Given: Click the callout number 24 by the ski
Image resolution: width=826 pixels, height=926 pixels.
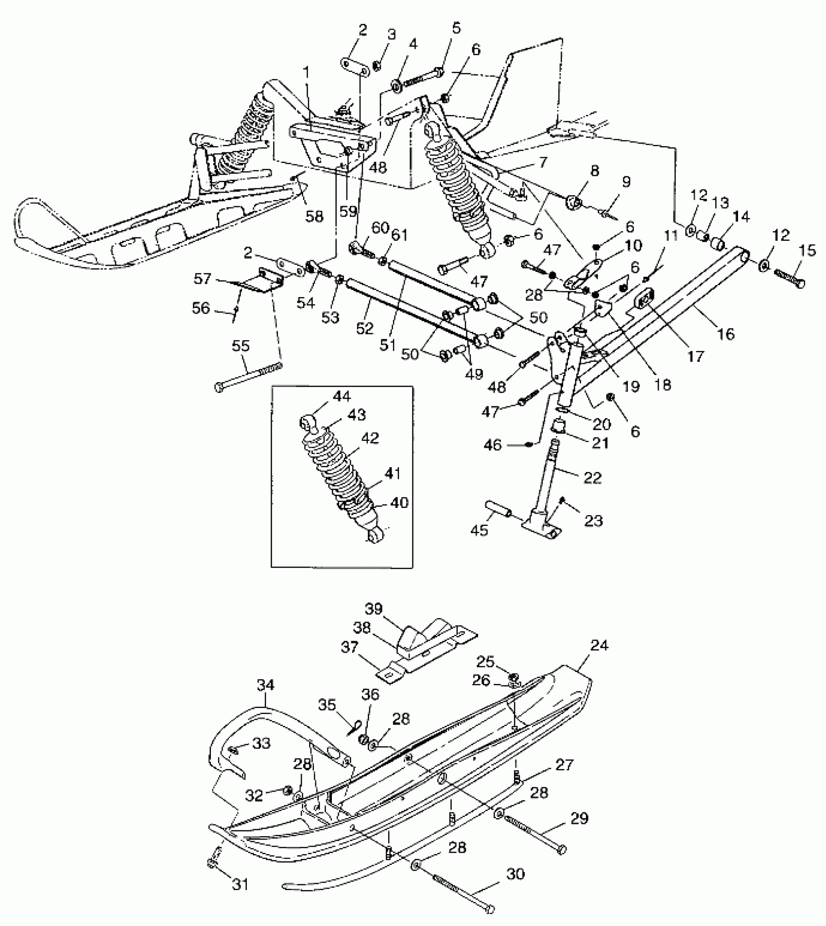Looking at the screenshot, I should [600, 646].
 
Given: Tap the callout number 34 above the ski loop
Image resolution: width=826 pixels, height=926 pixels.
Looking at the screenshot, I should [266, 686].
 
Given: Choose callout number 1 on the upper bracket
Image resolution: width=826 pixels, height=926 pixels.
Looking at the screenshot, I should [306, 72].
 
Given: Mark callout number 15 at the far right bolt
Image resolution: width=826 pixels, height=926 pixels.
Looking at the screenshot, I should [794, 251].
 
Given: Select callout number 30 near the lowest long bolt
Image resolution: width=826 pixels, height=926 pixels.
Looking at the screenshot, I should [516, 874].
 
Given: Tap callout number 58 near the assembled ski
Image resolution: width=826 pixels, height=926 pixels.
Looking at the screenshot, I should [314, 216].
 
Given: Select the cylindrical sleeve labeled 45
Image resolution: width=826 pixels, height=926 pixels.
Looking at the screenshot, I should [499, 512].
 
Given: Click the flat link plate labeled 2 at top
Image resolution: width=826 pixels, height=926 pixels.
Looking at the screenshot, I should [355, 68].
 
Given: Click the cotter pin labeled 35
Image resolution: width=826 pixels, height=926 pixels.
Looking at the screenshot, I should [354, 727].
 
